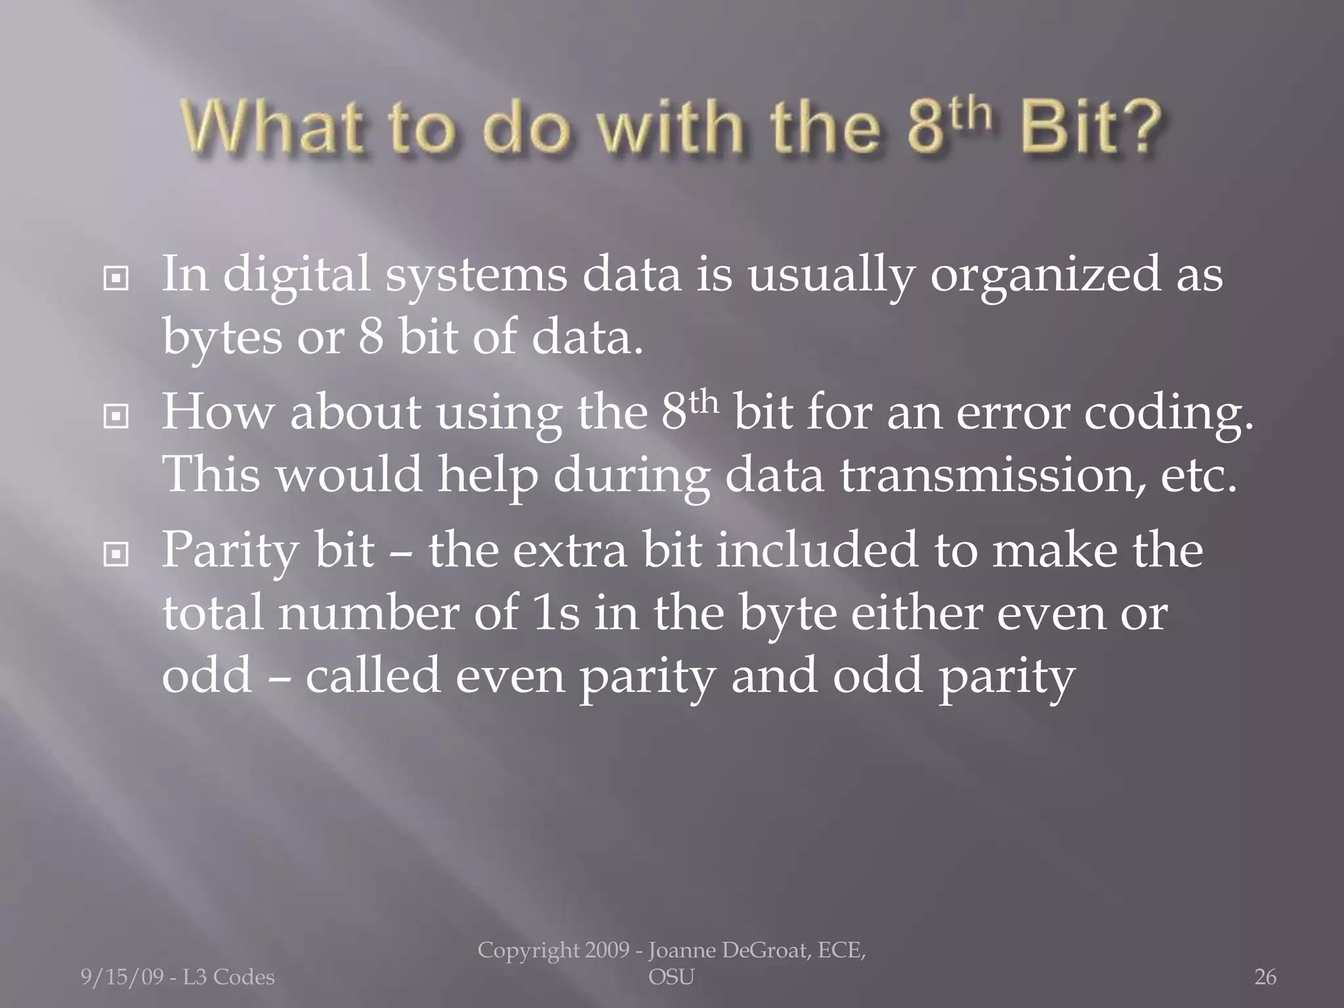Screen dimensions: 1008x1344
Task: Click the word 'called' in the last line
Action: (372, 677)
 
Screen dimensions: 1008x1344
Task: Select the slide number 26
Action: (1265, 978)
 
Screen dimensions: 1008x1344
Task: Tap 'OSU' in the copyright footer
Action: (671, 978)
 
